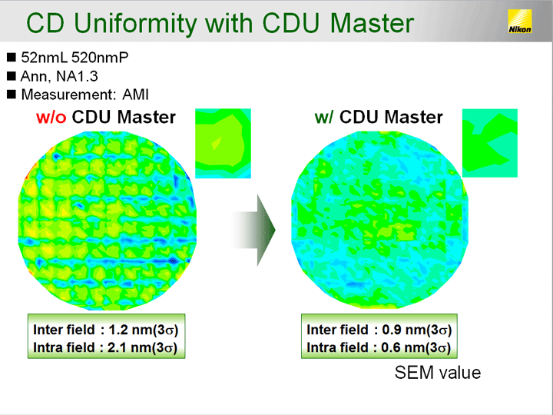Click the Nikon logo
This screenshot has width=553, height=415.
(x=519, y=22)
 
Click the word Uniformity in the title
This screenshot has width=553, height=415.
(x=135, y=24)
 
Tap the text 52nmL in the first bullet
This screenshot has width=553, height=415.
(x=44, y=58)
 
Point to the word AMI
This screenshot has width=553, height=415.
(x=135, y=95)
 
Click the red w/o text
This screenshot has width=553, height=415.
(x=51, y=117)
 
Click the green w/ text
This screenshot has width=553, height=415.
(x=324, y=117)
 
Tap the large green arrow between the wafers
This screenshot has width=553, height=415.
(x=253, y=230)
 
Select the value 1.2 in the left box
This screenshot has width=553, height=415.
(x=118, y=330)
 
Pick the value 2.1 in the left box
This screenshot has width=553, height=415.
(x=117, y=347)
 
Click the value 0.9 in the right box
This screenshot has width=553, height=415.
(x=392, y=330)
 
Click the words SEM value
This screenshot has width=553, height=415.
(x=438, y=373)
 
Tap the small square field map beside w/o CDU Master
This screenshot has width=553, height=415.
(x=223, y=143)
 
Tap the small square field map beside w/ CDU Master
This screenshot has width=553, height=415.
(x=490, y=143)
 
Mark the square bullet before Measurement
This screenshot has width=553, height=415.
(x=12, y=95)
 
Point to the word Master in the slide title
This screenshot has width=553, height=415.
(x=372, y=24)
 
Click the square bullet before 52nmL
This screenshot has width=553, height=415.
(x=12, y=57)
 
